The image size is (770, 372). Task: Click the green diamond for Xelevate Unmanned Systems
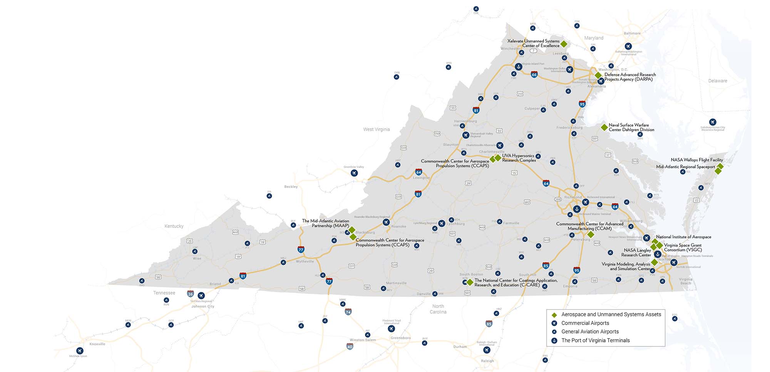(x=564, y=44)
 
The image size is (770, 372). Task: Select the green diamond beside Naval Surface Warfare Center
(x=604, y=127)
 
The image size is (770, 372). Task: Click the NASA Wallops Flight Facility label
(x=696, y=160)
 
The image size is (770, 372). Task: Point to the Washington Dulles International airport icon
(x=569, y=70)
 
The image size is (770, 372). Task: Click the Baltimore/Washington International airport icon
(x=628, y=46)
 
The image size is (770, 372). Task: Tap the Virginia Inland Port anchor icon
(x=519, y=67)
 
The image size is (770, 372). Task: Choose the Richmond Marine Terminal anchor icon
(x=576, y=209)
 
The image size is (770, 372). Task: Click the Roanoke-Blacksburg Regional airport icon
(x=386, y=222)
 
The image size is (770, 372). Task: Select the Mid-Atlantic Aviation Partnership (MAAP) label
(x=325, y=223)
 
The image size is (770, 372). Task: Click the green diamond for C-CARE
(x=470, y=282)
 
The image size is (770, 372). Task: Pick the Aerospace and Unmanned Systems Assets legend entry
(x=611, y=315)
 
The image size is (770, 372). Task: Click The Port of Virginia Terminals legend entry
(x=595, y=340)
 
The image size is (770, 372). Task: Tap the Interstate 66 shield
(x=534, y=74)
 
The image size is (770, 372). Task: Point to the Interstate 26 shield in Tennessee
(x=190, y=294)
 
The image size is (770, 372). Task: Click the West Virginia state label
(x=376, y=129)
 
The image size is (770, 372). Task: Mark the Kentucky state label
(x=174, y=226)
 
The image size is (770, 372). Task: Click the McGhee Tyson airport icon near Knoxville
(x=80, y=350)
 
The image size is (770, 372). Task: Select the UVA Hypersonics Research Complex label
(x=518, y=158)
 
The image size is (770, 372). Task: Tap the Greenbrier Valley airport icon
(x=354, y=173)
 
